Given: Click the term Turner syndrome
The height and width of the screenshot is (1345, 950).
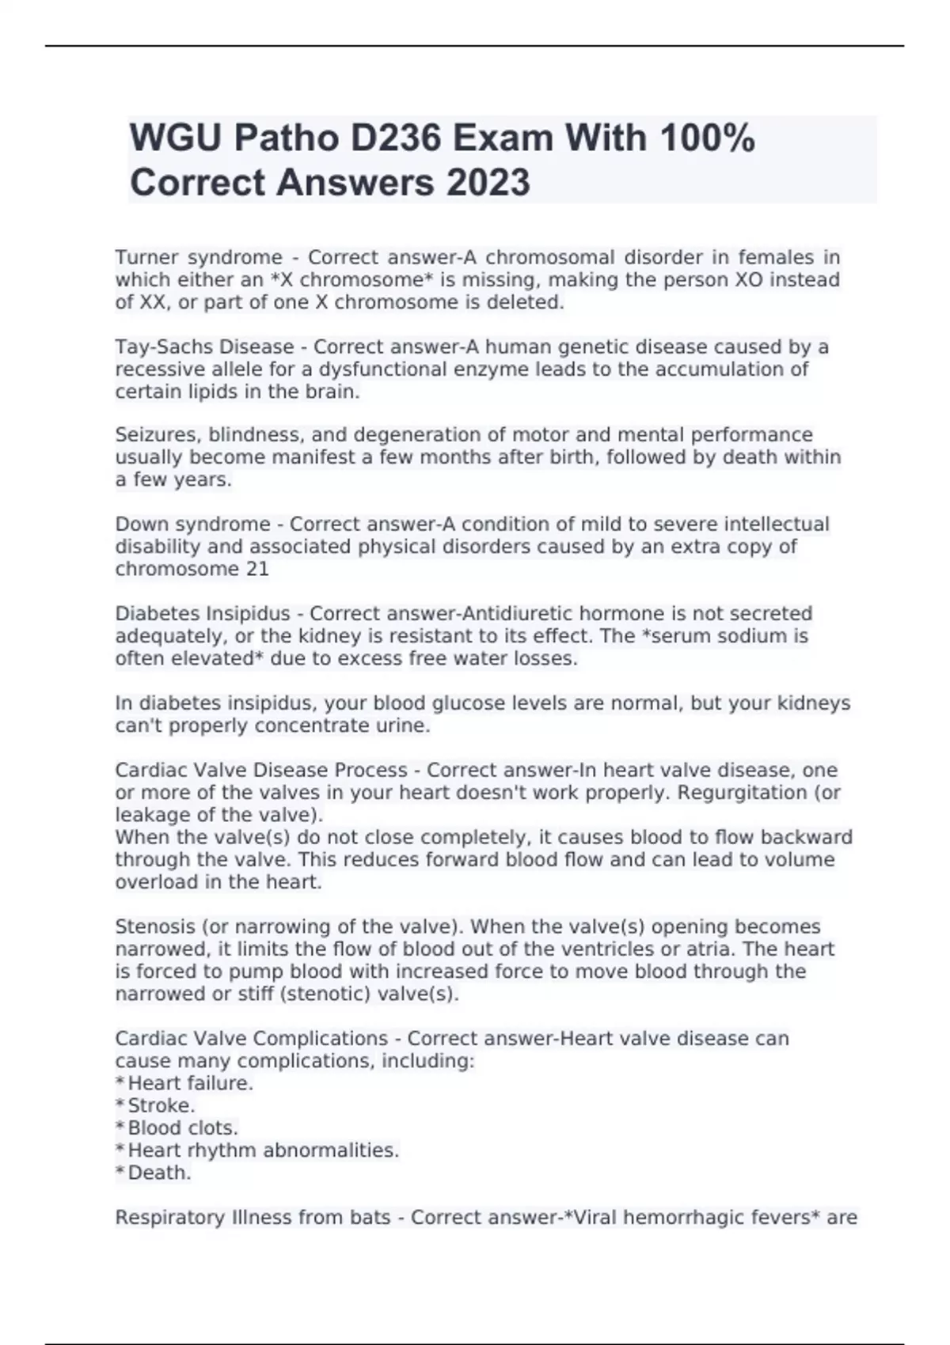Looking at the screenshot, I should [x=199, y=258].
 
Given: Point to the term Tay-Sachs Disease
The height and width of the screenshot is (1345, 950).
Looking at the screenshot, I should [x=204, y=347].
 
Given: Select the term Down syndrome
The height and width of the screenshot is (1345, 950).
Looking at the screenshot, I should [x=193, y=525].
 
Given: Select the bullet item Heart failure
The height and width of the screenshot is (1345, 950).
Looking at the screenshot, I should [x=190, y=1083].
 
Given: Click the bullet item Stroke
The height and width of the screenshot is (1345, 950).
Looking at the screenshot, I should [x=161, y=1105].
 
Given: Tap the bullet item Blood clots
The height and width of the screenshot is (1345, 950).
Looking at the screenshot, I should [x=183, y=1127].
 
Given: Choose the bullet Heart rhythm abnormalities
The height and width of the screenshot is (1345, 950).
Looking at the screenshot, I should [x=264, y=1150].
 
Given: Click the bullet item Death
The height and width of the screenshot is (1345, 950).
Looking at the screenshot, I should [x=159, y=1173].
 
